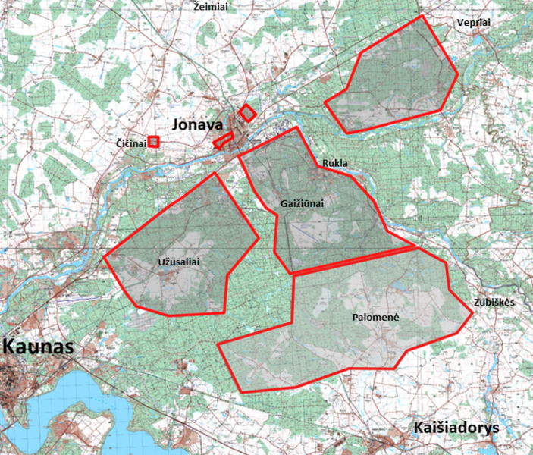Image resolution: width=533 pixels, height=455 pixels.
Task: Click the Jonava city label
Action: tap(198, 124)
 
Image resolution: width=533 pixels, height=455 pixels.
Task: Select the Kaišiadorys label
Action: tap(457, 428)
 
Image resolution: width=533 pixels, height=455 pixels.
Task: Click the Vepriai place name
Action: tap(474, 23)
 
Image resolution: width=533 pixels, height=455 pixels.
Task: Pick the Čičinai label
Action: tap(130, 143)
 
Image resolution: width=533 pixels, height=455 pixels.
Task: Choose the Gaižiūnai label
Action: tap(303, 203)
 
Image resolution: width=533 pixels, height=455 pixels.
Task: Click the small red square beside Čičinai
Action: tap(153, 141)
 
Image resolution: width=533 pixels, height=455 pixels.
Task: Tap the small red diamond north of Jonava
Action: tap(246, 114)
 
